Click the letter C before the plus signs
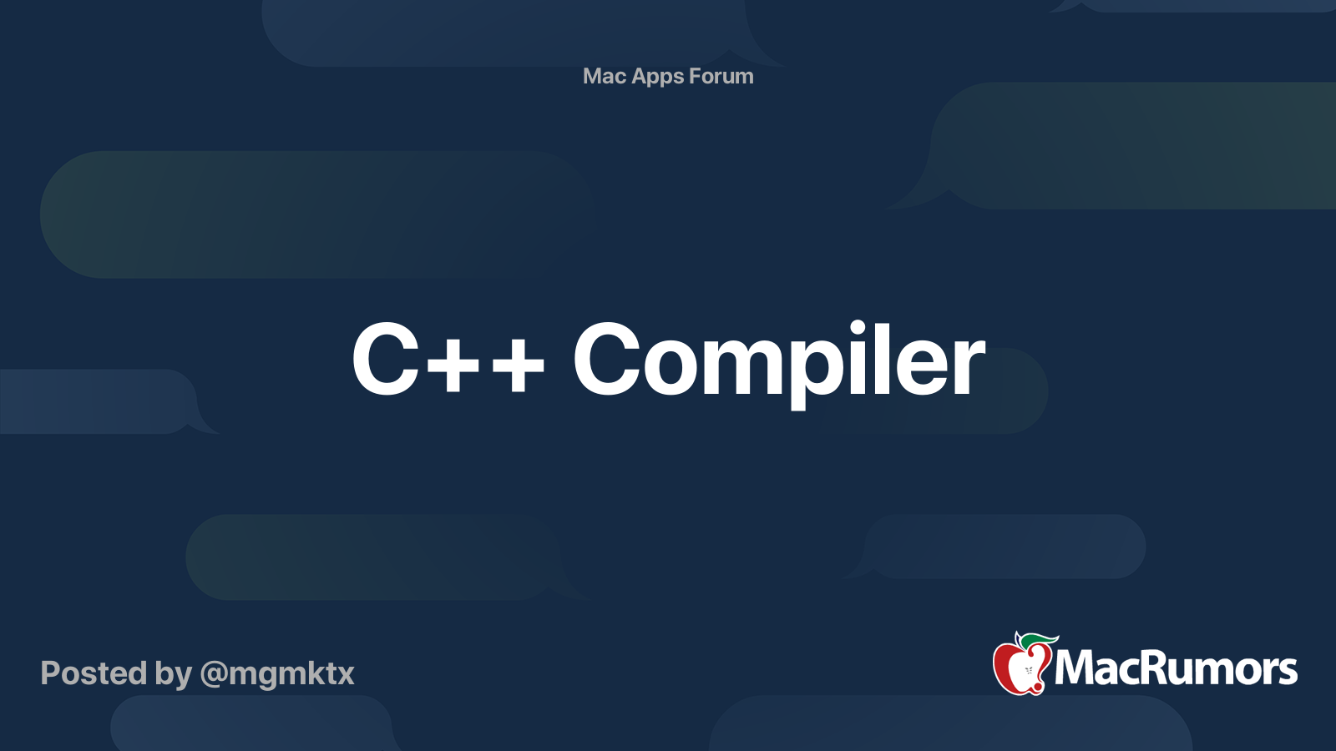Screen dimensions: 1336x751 click(385, 359)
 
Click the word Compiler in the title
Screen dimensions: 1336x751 click(778, 364)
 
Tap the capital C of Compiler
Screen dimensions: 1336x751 click(606, 359)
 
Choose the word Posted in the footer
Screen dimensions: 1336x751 click(94, 673)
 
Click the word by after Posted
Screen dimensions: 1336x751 click(174, 676)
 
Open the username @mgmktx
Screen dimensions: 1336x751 click(277, 676)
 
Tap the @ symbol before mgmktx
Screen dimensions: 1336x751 click(214, 675)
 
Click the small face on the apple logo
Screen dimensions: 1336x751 click(1029, 671)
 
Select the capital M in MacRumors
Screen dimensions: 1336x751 click(1079, 668)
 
